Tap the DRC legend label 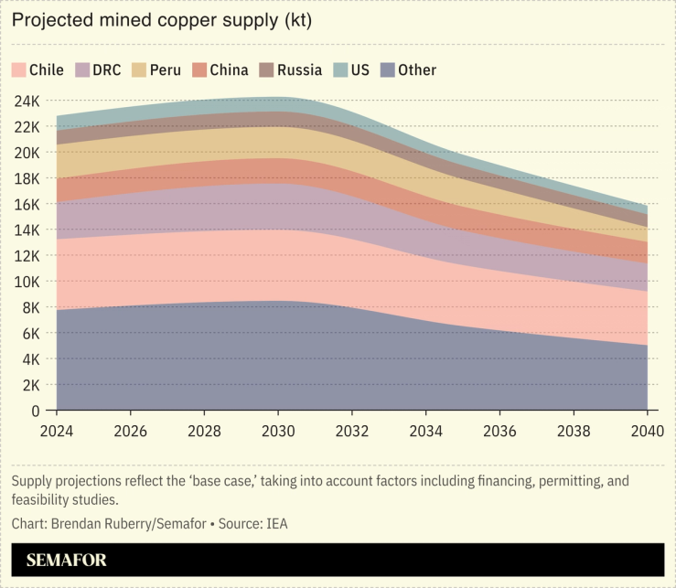click(x=106, y=70)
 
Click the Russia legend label click(x=298, y=70)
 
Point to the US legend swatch click(x=339, y=70)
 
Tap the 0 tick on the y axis click(x=36, y=412)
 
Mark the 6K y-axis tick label click(x=30, y=334)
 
